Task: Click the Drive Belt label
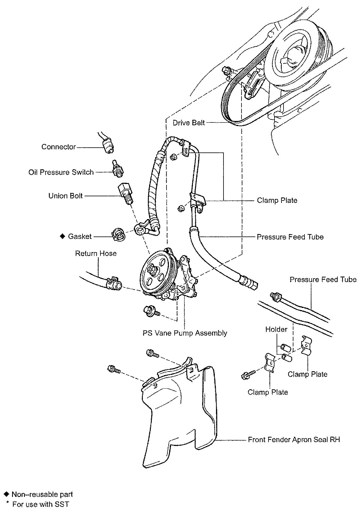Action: click(x=189, y=123)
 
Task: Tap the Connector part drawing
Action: click(x=108, y=145)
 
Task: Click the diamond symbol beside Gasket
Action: click(x=62, y=236)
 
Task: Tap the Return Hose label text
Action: click(x=96, y=254)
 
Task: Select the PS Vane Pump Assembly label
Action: click(x=185, y=333)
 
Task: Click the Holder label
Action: click(x=276, y=330)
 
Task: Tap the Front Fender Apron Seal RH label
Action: click(x=294, y=440)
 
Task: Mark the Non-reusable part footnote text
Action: click(x=42, y=494)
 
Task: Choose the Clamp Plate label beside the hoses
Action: click(x=277, y=200)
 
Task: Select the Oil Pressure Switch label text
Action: click(x=61, y=172)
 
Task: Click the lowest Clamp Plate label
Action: click(x=268, y=392)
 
